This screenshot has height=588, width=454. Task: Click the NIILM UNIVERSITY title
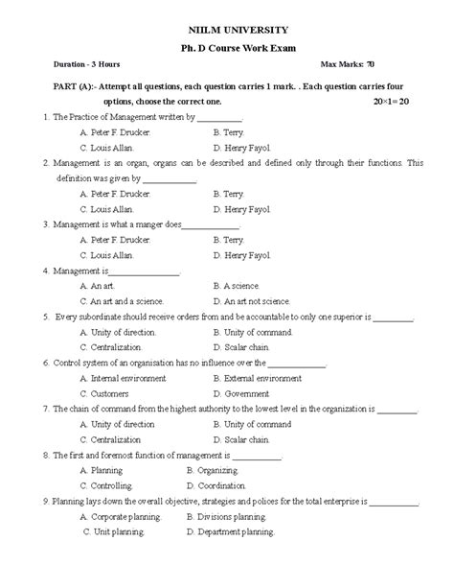(x=227, y=30)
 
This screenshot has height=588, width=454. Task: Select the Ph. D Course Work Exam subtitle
(x=227, y=47)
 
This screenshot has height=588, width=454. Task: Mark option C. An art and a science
(x=122, y=301)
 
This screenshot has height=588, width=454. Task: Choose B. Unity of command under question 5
(x=254, y=332)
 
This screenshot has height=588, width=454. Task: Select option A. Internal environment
(x=122, y=378)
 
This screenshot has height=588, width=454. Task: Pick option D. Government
(x=240, y=393)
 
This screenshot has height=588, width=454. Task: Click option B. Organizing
(x=217, y=471)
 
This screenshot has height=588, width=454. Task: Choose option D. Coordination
(x=221, y=486)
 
